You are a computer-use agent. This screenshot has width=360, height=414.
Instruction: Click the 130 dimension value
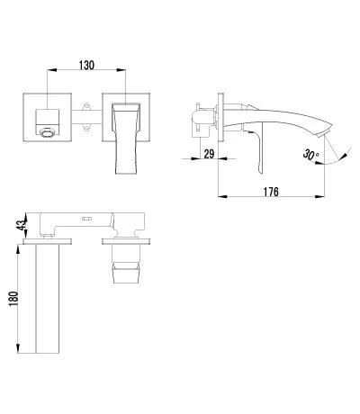[86, 65]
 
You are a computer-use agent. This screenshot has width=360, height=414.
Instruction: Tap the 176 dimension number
[271, 192]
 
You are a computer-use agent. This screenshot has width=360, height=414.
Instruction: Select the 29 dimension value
[209, 154]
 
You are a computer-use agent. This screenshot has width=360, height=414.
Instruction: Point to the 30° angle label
[310, 155]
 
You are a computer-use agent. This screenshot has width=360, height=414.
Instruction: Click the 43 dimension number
[22, 225]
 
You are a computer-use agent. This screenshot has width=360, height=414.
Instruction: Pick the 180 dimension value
[13, 299]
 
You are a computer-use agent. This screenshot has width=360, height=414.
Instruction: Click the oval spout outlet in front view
[48, 132]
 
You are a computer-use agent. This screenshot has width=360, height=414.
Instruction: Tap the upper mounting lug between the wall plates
[86, 106]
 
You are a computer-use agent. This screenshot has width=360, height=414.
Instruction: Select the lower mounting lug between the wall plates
[86, 128]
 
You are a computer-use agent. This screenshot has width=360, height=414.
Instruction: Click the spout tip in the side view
[324, 132]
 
